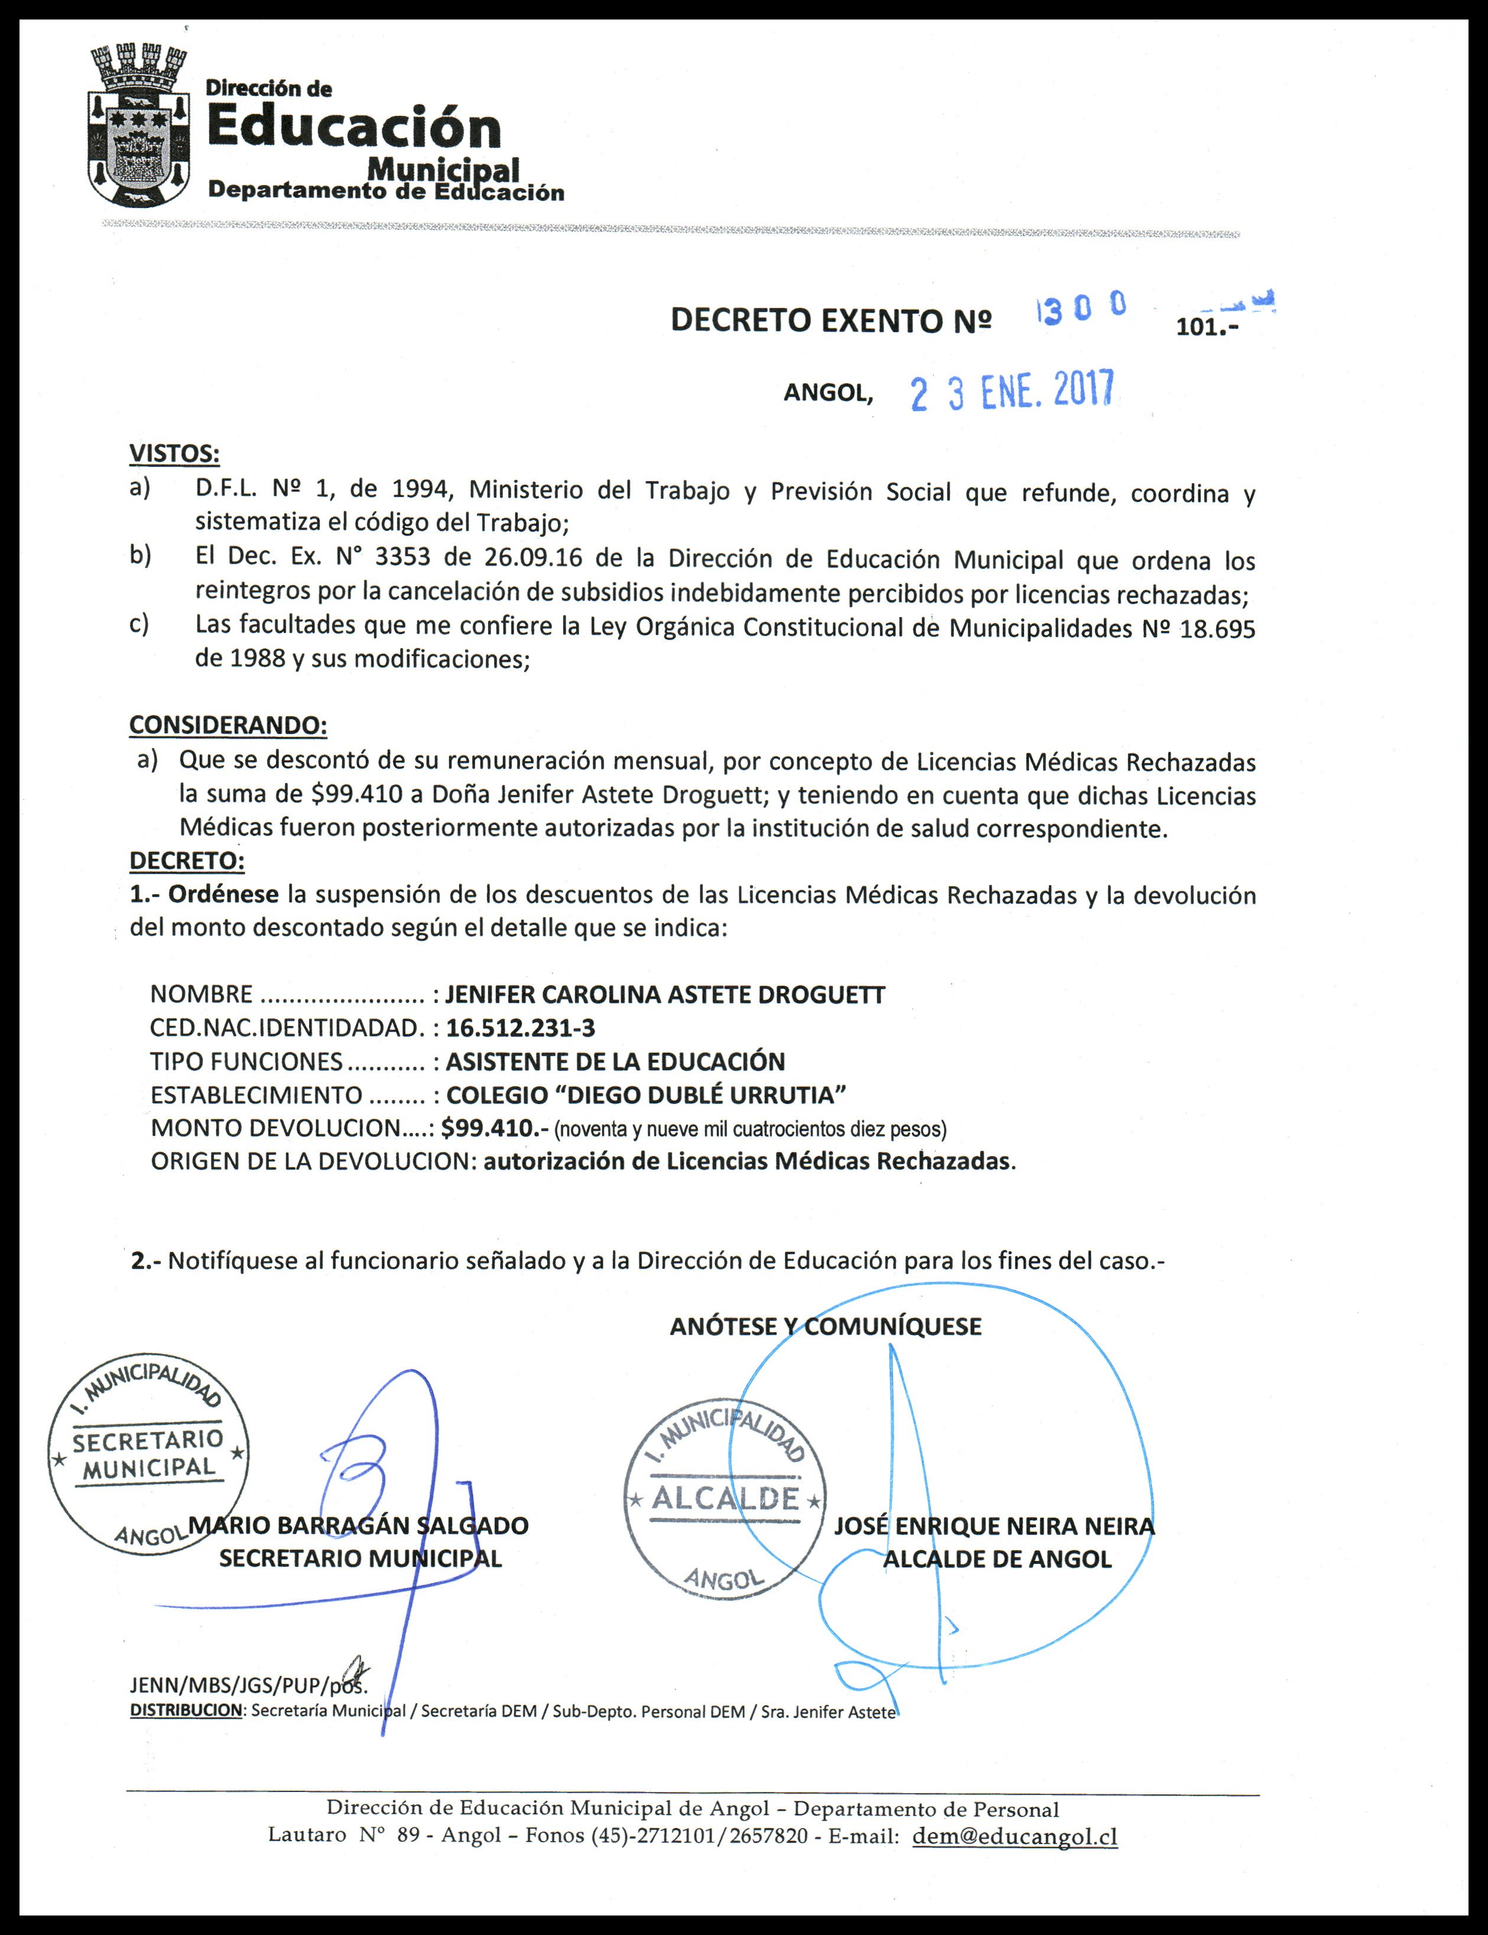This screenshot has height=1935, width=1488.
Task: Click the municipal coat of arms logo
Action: click(x=139, y=126)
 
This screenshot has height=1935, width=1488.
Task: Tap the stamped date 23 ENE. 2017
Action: click(x=1012, y=391)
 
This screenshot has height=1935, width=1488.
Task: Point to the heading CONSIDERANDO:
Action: click(x=228, y=725)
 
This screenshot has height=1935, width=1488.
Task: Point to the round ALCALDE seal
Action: click(x=724, y=1498)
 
